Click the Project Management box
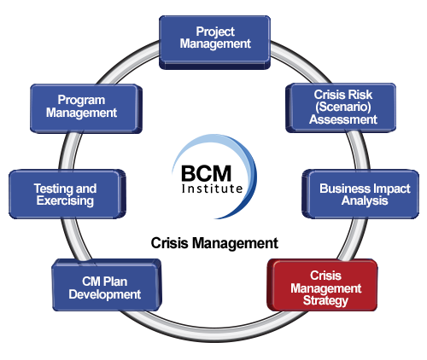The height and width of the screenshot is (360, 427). click(x=214, y=43)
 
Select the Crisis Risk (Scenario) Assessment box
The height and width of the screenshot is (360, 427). click(x=341, y=107)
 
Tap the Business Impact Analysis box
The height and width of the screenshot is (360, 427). click(x=360, y=194)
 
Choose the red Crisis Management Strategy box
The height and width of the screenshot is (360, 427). click(x=322, y=285)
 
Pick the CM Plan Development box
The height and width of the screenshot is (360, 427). click(x=107, y=285)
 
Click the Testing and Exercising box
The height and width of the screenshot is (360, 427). click(x=67, y=194)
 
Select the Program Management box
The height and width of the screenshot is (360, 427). click(x=86, y=108)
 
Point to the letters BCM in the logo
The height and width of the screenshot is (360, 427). click(x=206, y=173)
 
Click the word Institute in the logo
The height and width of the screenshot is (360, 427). click(x=212, y=189)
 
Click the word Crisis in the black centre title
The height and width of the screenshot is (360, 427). click(x=169, y=243)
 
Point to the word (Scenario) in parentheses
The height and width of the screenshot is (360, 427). click(x=343, y=107)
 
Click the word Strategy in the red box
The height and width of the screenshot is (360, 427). click(x=325, y=301)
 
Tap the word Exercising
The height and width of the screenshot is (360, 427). click(x=65, y=200)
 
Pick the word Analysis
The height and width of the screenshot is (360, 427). click(x=365, y=200)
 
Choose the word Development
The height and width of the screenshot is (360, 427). click(x=105, y=294)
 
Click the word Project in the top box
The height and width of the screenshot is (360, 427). click(x=215, y=32)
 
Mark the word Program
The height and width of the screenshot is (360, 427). click(x=81, y=101)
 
